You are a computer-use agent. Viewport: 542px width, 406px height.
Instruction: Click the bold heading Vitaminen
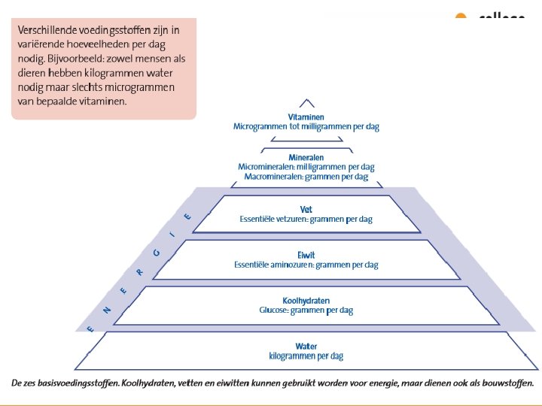pyautogui.click(x=306, y=118)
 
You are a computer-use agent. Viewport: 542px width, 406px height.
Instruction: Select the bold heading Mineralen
pyautogui.click(x=306, y=157)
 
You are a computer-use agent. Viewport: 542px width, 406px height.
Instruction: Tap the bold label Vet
pyautogui.click(x=306, y=210)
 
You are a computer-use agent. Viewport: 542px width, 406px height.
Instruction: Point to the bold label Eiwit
pyautogui.click(x=306, y=256)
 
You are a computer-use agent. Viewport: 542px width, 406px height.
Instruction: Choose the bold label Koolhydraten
pyautogui.click(x=306, y=301)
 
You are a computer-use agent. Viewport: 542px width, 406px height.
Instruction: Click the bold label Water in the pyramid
pyautogui.click(x=306, y=347)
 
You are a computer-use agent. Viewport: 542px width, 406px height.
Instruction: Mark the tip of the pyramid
pyautogui.click(x=306, y=100)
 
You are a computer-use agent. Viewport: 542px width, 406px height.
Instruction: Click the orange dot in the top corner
pyautogui.click(x=461, y=17)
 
